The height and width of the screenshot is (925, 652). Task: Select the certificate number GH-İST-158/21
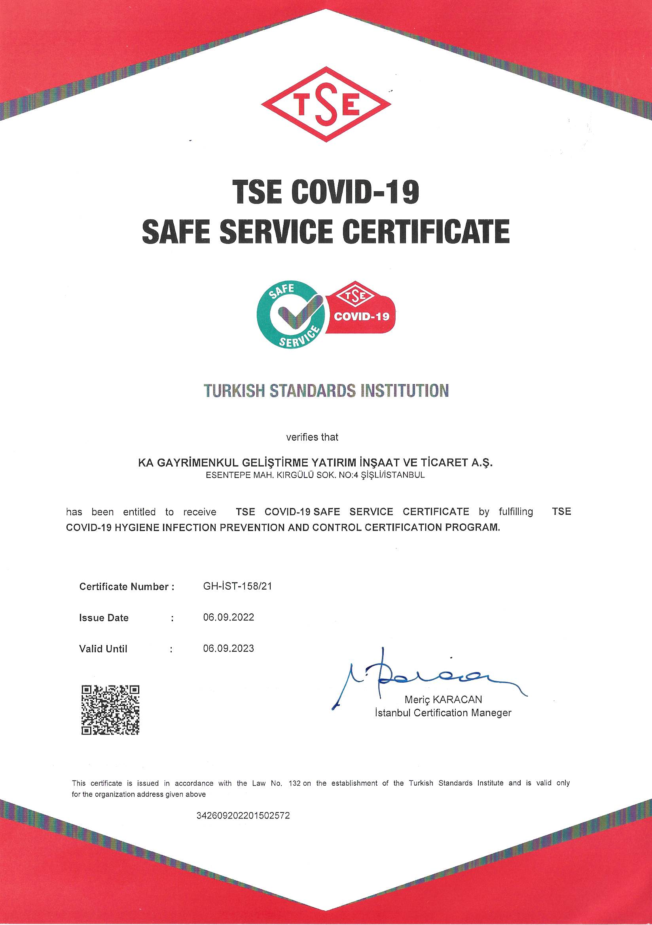(237, 586)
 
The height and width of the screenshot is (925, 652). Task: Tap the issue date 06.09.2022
(229, 618)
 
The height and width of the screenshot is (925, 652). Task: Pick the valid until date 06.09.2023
(229, 648)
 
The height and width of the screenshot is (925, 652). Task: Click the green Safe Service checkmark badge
(290, 315)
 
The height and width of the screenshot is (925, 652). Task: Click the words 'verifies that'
(312, 437)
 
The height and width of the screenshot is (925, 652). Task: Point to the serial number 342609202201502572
(243, 816)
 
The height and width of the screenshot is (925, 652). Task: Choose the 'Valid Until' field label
(103, 649)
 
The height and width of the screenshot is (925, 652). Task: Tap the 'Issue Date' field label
(104, 618)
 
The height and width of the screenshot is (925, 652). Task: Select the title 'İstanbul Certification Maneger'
(443, 713)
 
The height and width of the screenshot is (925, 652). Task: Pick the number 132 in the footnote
(292, 783)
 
